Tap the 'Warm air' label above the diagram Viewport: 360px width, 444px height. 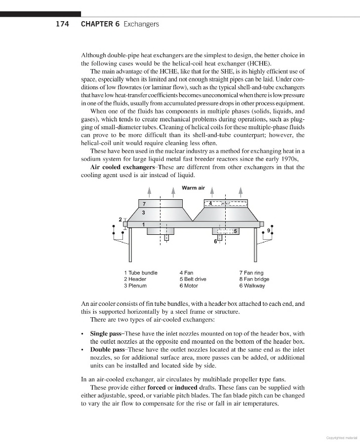193,188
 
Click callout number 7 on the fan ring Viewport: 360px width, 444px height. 144,204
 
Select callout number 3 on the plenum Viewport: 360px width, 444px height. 143,213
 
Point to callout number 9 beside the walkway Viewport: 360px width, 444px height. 268,230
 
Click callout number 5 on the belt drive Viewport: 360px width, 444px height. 236,231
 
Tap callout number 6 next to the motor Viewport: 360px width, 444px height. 215,242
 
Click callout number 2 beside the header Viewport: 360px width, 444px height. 120,219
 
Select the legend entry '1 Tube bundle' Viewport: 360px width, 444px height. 140,273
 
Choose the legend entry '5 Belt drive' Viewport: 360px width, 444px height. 193,279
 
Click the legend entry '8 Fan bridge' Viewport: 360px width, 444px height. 254,279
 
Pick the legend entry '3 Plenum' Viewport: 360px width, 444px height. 135,286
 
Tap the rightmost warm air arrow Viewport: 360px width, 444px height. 240,191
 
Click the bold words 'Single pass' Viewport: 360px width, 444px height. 106,334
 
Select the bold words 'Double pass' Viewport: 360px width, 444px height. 107,349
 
